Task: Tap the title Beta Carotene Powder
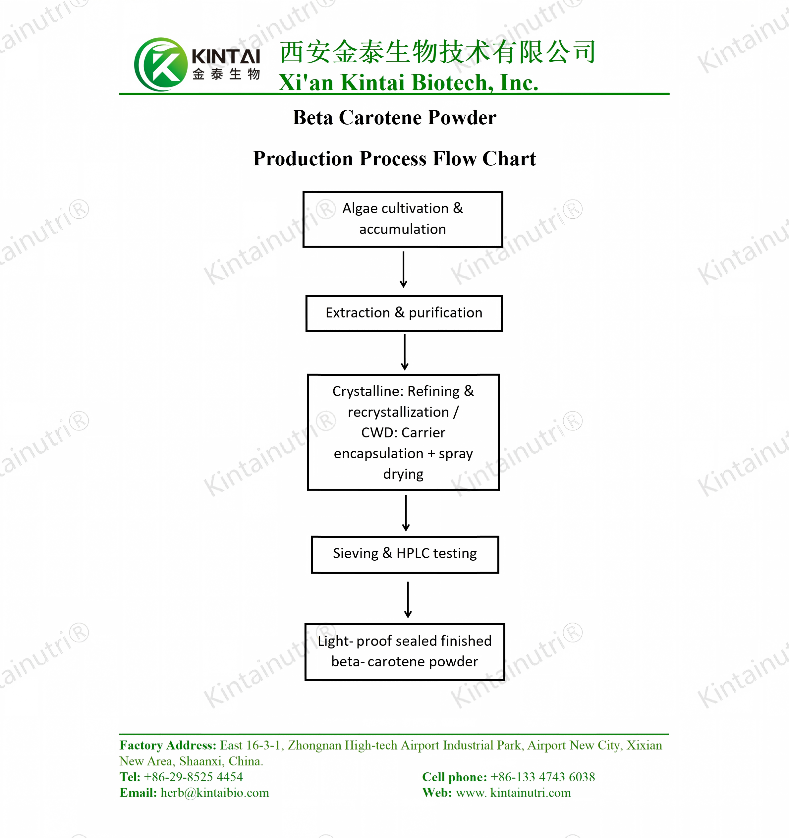coord(394,118)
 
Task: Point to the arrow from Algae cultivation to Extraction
coord(403,270)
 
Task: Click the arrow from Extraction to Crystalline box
coord(405,353)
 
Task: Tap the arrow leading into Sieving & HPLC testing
coord(406,513)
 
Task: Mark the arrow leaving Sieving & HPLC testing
coord(408,600)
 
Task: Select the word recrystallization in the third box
coord(398,412)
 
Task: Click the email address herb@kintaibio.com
coord(214,793)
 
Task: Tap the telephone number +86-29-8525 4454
coord(194,777)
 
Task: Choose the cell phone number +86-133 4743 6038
coord(543,777)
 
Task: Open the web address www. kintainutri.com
coord(513,793)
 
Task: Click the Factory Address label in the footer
coord(168,745)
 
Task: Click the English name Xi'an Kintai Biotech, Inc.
coord(408,82)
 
